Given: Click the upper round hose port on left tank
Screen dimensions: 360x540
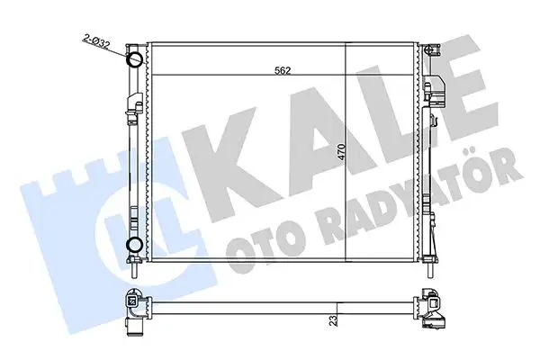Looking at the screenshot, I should [133, 61].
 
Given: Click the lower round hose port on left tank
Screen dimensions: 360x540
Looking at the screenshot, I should [133, 245].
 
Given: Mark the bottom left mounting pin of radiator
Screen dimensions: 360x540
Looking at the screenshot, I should [134, 268].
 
